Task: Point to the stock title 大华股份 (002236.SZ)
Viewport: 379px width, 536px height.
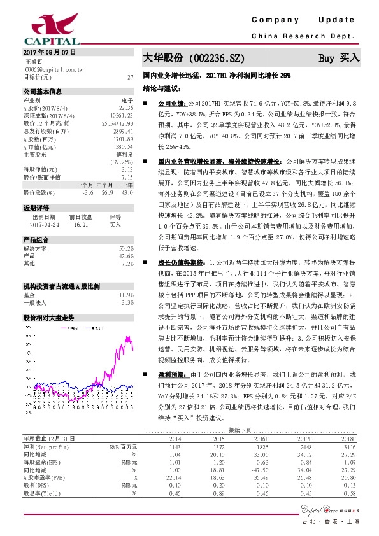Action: tap(194, 57)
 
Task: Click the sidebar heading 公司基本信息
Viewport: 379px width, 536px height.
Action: tap(42, 92)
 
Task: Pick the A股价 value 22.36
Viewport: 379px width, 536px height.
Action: tap(126, 108)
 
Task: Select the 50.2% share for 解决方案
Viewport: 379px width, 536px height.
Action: tap(126, 248)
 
